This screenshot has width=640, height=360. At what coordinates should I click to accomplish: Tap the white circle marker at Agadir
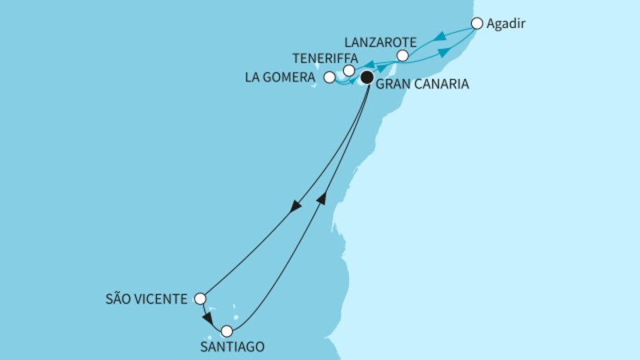pyautogui.click(x=478, y=23)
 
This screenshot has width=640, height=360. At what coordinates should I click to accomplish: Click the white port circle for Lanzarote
pyautogui.click(x=403, y=56)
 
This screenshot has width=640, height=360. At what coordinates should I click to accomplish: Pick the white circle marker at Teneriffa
pyautogui.click(x=349, y=71)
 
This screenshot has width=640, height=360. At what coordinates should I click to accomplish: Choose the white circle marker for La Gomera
pyautogui.click(x=330, y=78)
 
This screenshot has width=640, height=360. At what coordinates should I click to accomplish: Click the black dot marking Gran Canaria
pyautogui.click(x=366, y=78)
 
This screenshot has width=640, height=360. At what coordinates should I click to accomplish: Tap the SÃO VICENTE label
pyautogui.click(x=148, y=299)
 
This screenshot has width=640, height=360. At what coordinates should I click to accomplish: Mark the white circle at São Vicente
pyautogui.click(x=200, y=299)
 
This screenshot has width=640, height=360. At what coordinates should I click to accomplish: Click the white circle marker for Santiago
pyautogui.click(x=226, y=330)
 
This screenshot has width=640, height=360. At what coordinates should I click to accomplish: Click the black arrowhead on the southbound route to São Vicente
pyautogui.click(x=296, y=206)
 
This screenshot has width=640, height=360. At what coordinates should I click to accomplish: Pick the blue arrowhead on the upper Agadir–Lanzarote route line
pyautogui.click(x=439, y=37)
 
